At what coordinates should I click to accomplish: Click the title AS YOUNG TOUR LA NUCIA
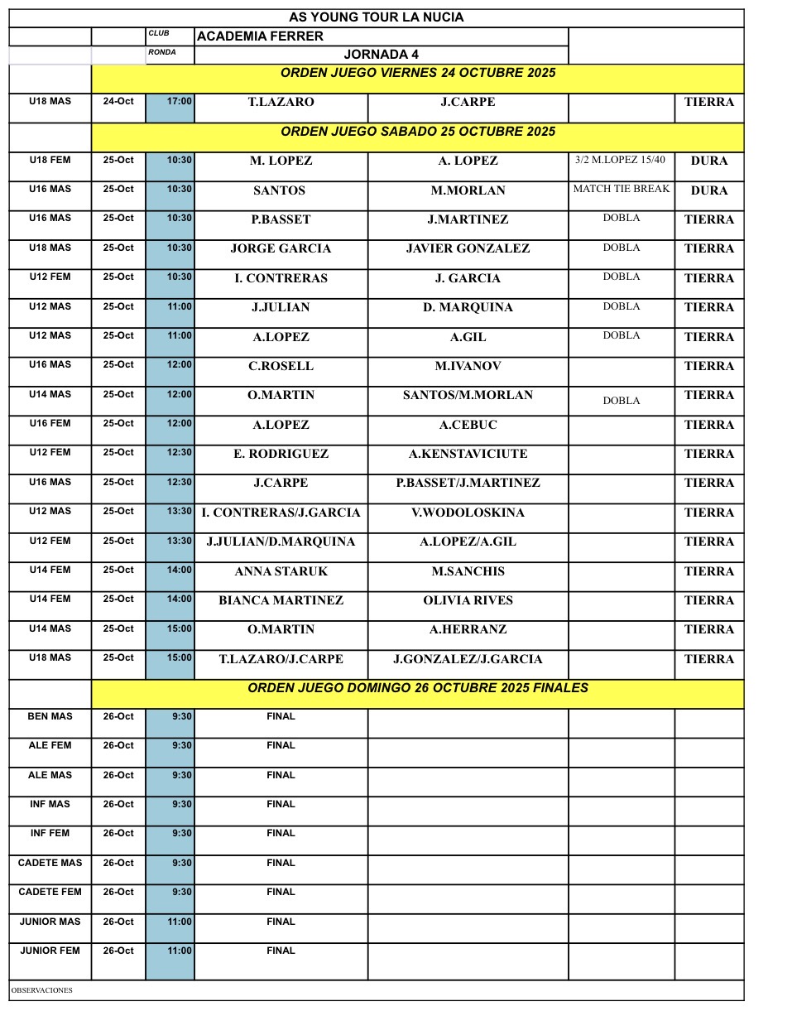376,17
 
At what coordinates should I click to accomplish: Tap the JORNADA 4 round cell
381,55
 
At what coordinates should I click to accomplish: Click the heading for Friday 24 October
417,73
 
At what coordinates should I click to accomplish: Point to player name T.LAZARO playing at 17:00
281,103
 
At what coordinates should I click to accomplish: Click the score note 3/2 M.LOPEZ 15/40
621,160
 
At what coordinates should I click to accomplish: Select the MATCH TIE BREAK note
621,189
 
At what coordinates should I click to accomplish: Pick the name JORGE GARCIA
281,248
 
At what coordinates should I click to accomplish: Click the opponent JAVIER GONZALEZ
468,248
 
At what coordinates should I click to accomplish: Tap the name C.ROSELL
281,366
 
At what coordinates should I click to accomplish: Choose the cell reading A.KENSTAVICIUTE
468,454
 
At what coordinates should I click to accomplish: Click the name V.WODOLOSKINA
468,513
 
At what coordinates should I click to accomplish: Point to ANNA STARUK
281,571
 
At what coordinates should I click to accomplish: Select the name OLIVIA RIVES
468,600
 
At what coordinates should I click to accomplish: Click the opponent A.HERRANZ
468,629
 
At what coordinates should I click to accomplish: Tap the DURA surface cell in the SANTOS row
708,190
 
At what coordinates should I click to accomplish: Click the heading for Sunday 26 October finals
417,688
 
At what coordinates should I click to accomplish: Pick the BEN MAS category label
50,716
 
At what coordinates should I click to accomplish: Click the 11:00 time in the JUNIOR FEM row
180,951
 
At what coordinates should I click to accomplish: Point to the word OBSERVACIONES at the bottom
41,990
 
